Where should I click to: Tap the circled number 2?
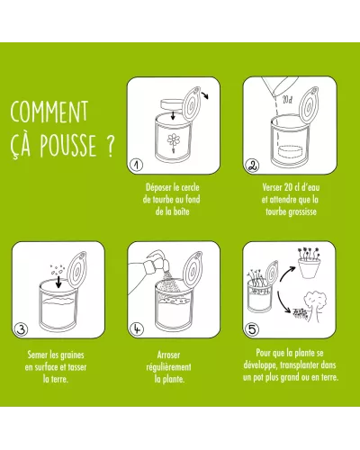point(253,165)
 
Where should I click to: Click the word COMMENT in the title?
point(49,110)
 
